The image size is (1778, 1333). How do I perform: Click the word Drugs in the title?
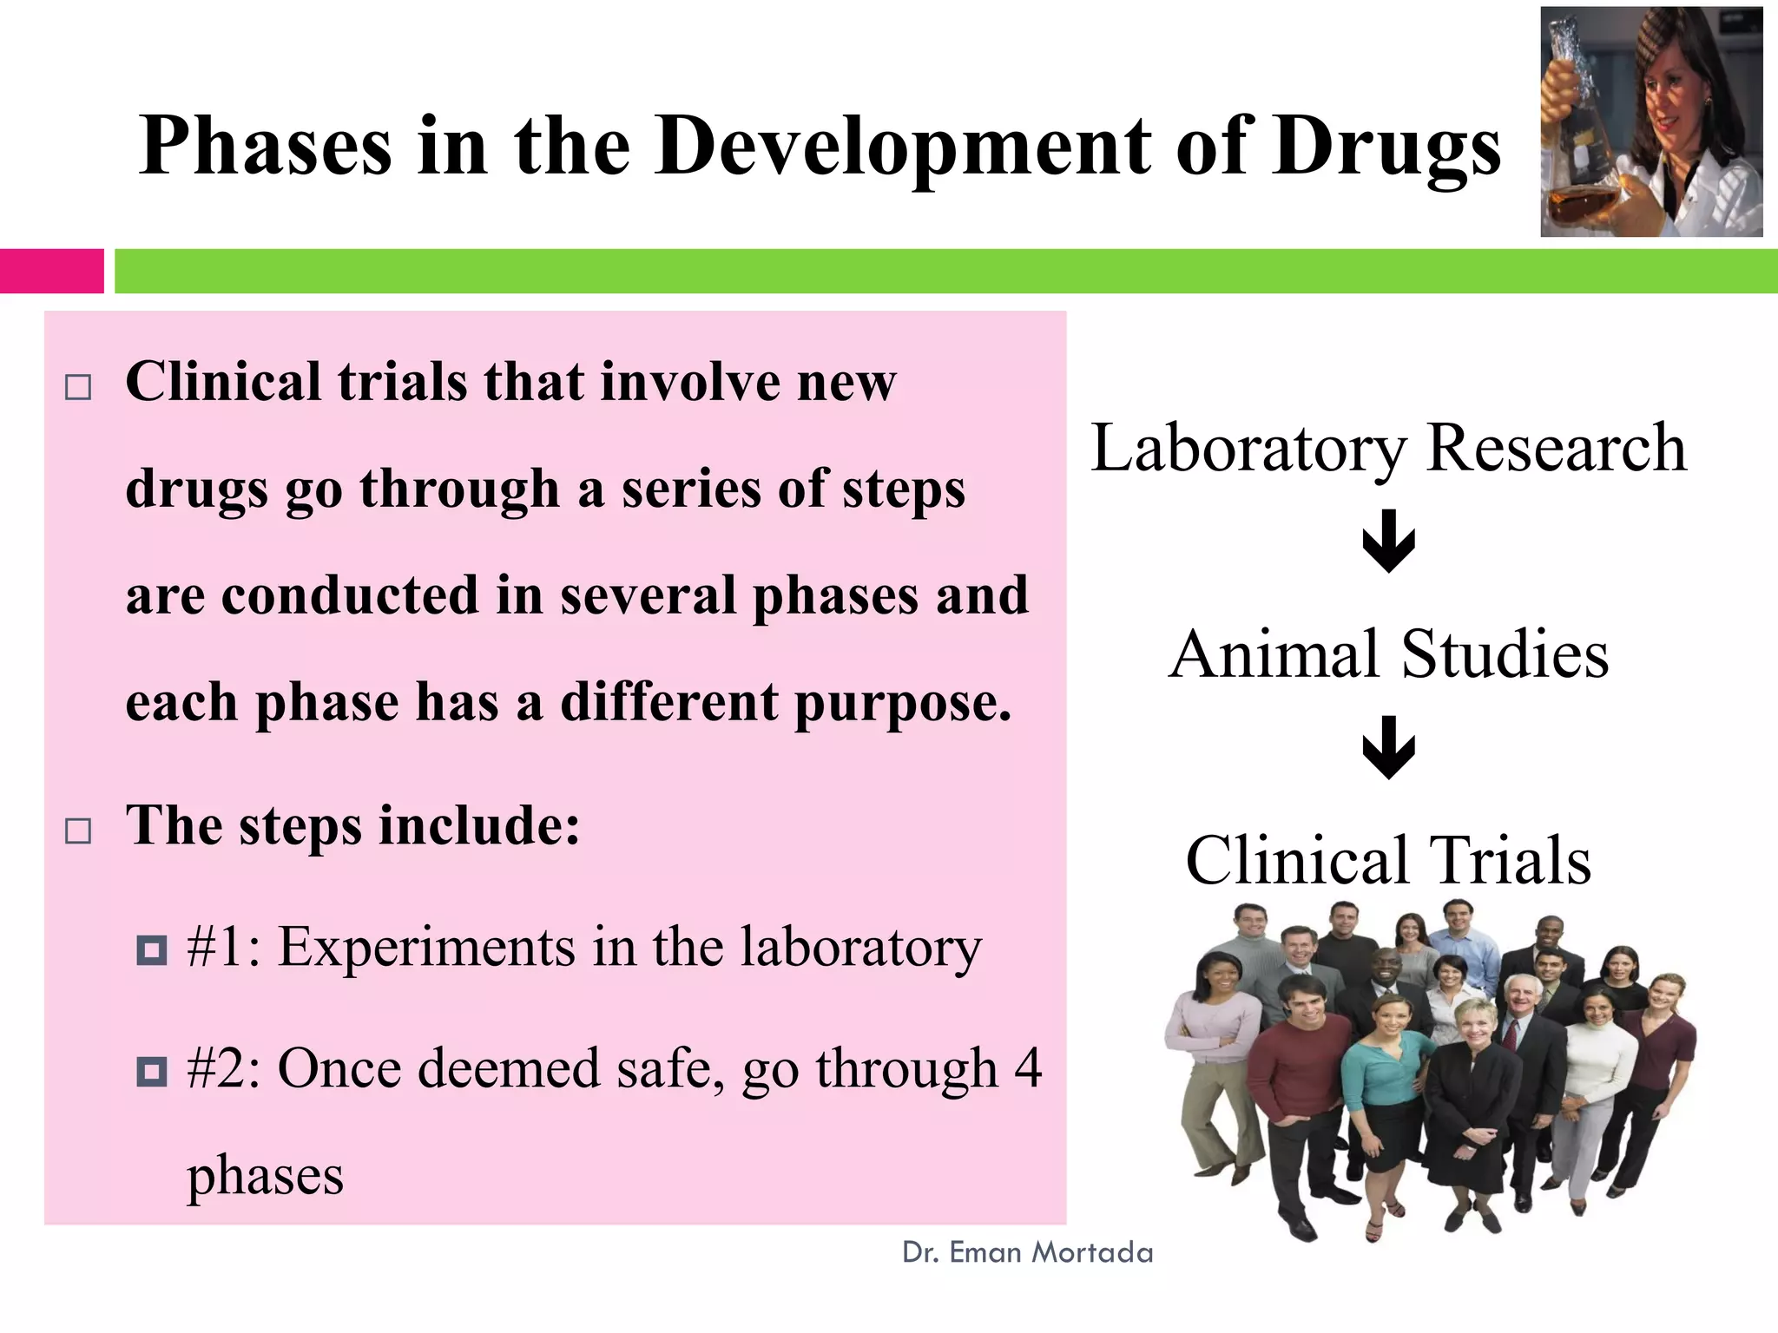(x=1386, y=148)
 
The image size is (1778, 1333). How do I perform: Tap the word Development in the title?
(x=903, y=148)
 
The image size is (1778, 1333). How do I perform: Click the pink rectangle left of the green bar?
(x=51, y=271)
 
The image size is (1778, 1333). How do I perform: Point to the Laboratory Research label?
(x=1388, y=448)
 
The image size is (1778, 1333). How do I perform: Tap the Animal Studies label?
(x=1388, y=654)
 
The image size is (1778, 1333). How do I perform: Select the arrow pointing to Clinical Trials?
(x=1388, y=747)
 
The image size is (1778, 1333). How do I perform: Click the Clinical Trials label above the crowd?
(x=1388, y=860)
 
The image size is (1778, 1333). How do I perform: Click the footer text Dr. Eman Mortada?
(x=1027, y=1252)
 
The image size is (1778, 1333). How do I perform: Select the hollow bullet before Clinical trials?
(x=78, y=387)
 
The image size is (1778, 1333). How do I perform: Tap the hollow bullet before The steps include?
(x=78, y=831)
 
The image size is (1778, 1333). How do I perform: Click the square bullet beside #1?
(x=152, y=950)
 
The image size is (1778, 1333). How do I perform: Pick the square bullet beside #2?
(x=152, y=1072)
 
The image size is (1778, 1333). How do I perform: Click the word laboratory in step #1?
(x=860, y=948)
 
